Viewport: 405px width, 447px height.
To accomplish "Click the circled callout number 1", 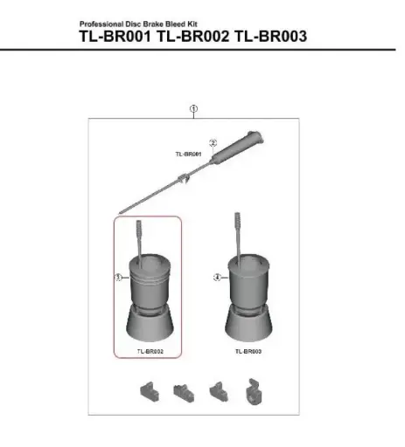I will tap(193, 108).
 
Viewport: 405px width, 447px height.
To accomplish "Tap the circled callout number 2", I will tap(213, 141).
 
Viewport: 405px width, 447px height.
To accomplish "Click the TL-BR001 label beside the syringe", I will tap(188, 155).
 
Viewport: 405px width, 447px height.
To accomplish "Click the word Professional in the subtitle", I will tap(98, 24).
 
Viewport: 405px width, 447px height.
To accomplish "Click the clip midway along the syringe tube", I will tap(183, 179).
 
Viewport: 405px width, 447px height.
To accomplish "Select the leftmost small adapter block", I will tap(148, 389).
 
